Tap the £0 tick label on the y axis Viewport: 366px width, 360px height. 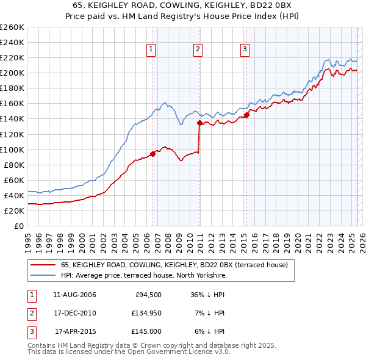coord(19,226)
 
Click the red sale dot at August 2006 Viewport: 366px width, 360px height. coord(152,154)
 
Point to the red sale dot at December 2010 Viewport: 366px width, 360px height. coord(199,123)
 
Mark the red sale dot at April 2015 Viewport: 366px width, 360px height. coord(246,115)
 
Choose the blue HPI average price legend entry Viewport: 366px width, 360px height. coord(143,276)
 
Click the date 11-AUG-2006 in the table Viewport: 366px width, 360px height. coord(74,295)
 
